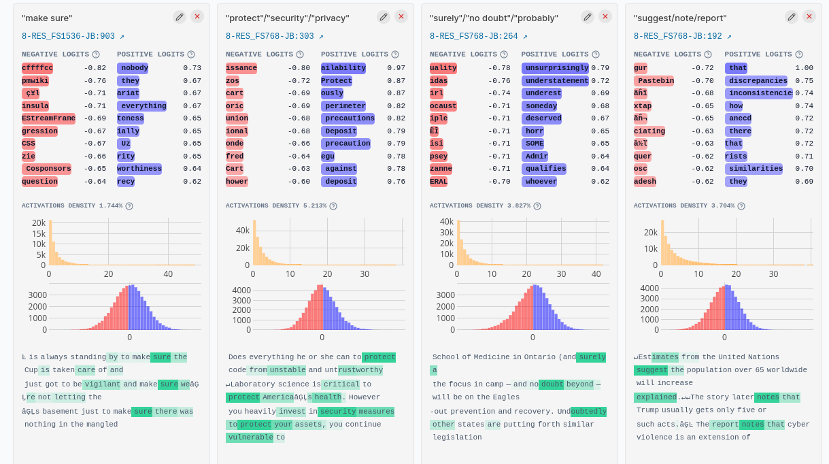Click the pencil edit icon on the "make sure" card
pos(180,17)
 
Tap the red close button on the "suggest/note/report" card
pos(809,17)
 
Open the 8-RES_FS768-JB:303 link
pos(274,36)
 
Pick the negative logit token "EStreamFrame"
pos(48,118)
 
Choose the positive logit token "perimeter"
pos(345,106)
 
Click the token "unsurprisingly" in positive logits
pos(555,68)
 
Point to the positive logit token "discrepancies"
pos(758,81)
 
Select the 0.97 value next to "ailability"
pos(396,68)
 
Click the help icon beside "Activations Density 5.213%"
pos(333,206)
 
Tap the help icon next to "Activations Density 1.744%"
pos(129,206)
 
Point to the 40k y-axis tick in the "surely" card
pos(447,222)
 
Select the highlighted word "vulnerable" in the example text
pos(250,437)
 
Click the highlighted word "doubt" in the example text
pos(552,384)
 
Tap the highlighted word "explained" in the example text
pos(655,397)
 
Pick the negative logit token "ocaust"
pos(443,106)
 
